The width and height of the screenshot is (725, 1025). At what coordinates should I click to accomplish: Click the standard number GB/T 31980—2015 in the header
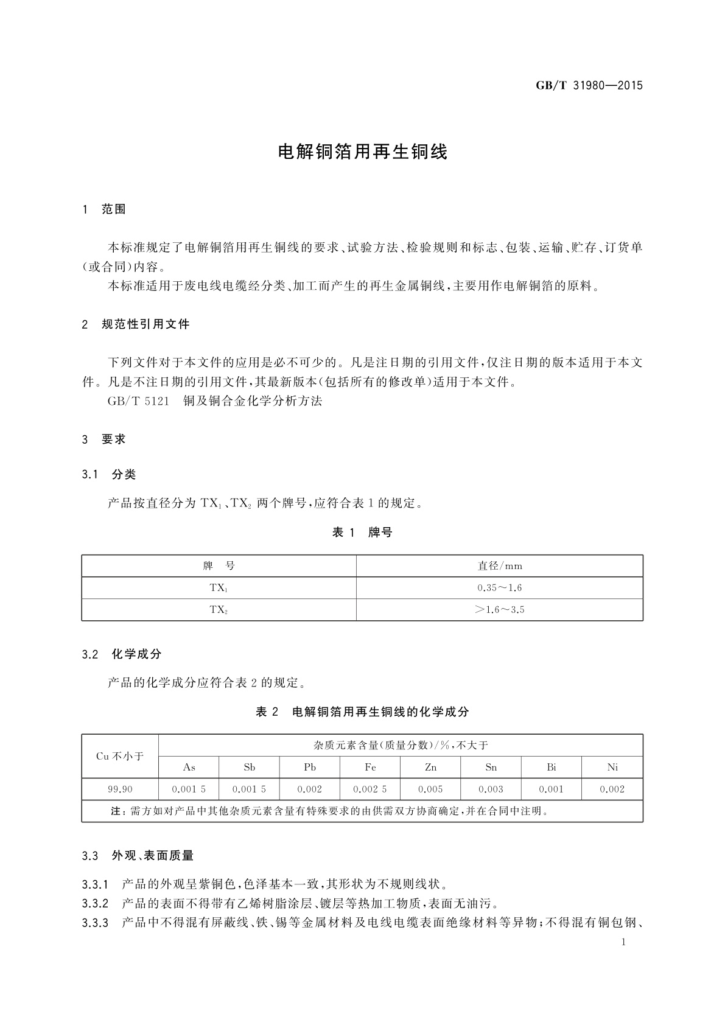(x=589, y=85)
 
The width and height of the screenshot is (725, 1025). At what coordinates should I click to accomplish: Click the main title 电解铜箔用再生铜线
(x=362, y=152)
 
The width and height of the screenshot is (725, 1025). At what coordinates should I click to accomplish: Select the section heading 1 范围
(x=103, y=209)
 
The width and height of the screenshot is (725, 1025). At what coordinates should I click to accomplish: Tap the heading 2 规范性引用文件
(x=136, y=324)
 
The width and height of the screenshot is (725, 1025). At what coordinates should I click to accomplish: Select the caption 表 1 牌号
(x=362, y=533)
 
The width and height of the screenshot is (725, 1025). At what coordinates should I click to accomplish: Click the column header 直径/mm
(x=500, y=566)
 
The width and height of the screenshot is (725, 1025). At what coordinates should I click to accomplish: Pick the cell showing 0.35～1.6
(x=500, y=588)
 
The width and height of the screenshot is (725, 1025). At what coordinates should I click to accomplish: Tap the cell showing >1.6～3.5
(x=500, y=610)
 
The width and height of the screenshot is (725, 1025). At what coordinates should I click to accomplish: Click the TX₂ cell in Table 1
(x=219, y=610)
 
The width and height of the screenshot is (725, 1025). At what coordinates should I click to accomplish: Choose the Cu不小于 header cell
(x=120, y=757)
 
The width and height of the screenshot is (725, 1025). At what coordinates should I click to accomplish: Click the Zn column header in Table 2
(x=430, y=768)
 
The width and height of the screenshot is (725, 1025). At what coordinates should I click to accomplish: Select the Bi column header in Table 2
(x=552, y=768)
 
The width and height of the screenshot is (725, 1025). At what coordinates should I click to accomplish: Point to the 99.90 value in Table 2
(x=120, y=789)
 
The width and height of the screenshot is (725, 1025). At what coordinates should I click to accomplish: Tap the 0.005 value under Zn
(x=430, y=789)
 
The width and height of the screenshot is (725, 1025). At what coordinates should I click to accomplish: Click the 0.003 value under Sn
(x=491, y=789)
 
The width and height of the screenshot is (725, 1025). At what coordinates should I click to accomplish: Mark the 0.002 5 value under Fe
(x=370, y=789)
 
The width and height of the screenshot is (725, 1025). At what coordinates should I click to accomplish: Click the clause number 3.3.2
(x=95, y=903)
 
